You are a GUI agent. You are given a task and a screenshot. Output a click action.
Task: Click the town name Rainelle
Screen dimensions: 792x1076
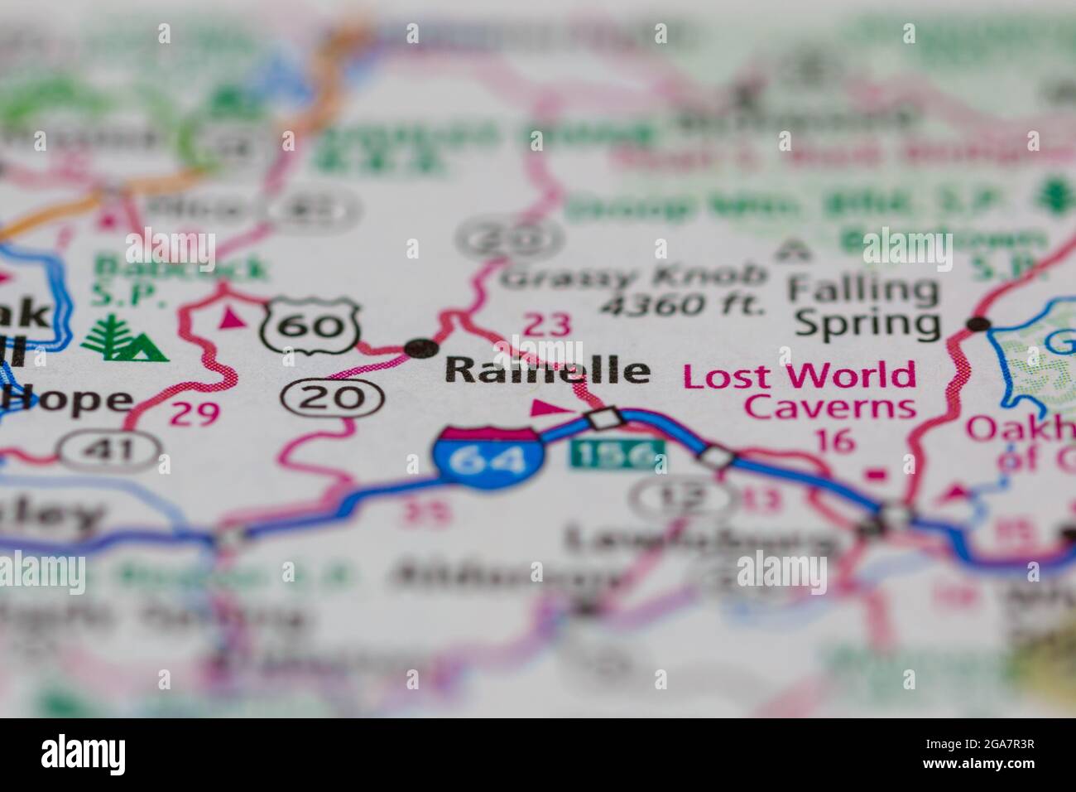point(547,371)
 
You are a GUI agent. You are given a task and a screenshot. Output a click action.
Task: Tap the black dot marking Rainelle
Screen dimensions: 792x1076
point(421,347)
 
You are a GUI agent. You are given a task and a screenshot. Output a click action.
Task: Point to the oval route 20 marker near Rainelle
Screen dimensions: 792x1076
point(331,398)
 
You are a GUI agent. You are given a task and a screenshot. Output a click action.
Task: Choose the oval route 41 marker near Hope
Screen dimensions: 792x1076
point(109,450)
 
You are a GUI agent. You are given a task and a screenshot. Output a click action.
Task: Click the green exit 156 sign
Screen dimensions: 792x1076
point(617,453)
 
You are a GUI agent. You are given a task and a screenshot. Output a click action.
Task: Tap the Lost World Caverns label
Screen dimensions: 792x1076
point(800,391)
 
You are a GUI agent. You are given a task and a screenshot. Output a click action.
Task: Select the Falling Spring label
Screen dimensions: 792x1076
point(866,307)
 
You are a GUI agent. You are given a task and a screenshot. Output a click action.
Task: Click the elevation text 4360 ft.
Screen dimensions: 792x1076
point(682,306)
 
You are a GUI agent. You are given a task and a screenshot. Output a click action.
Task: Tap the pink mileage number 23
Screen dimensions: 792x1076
point(548,325)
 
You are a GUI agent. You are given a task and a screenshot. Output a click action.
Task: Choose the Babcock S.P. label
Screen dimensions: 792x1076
point(180,278)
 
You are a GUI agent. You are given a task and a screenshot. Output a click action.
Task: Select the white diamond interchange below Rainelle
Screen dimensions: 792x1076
point(603,417)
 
